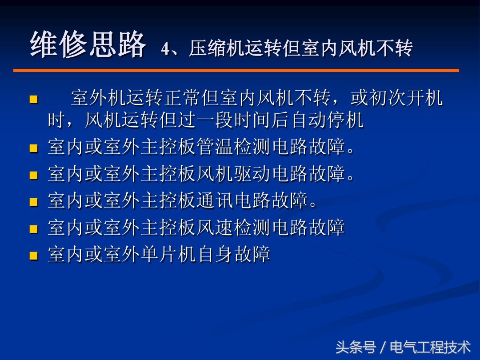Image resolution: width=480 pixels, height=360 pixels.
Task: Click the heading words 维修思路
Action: tap(88, 45)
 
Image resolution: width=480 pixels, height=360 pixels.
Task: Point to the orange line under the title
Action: tap(236, 70)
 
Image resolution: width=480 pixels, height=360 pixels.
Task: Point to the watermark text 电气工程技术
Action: tap(430, 347)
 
